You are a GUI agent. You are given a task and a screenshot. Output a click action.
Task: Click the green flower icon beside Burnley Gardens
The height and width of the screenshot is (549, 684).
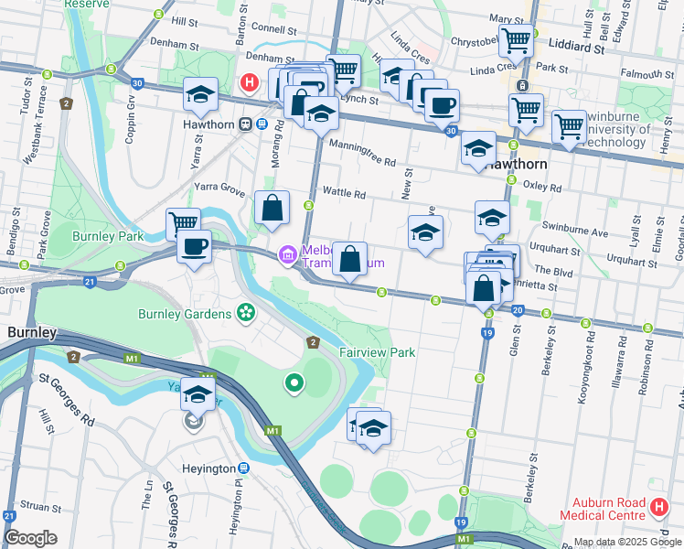pos(245,314)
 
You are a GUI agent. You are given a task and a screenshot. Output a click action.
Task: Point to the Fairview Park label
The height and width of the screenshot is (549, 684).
pos(378,352)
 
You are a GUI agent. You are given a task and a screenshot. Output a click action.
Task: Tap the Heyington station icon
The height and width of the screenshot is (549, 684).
pos(245,468)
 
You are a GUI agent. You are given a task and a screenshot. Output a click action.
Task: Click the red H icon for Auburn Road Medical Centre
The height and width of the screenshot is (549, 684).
pos(658,506)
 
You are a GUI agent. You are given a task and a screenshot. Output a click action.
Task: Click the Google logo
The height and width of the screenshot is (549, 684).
pos(30,538)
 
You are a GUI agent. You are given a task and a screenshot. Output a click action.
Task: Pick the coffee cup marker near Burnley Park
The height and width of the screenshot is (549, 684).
pos(194,246)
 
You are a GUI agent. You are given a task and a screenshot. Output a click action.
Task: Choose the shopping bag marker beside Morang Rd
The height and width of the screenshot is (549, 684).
pos(273,207)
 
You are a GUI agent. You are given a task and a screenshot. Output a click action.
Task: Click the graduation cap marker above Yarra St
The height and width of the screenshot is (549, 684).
pos(200,93)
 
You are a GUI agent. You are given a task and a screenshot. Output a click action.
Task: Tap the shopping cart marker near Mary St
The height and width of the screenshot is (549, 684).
pos(516,39)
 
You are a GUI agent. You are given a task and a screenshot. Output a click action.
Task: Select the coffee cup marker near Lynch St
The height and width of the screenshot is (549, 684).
pos(442,104)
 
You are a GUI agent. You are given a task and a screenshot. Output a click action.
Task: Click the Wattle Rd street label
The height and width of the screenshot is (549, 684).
pos(345,194)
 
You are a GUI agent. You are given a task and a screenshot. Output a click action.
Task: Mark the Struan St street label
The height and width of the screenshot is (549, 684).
pos(42,506)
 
